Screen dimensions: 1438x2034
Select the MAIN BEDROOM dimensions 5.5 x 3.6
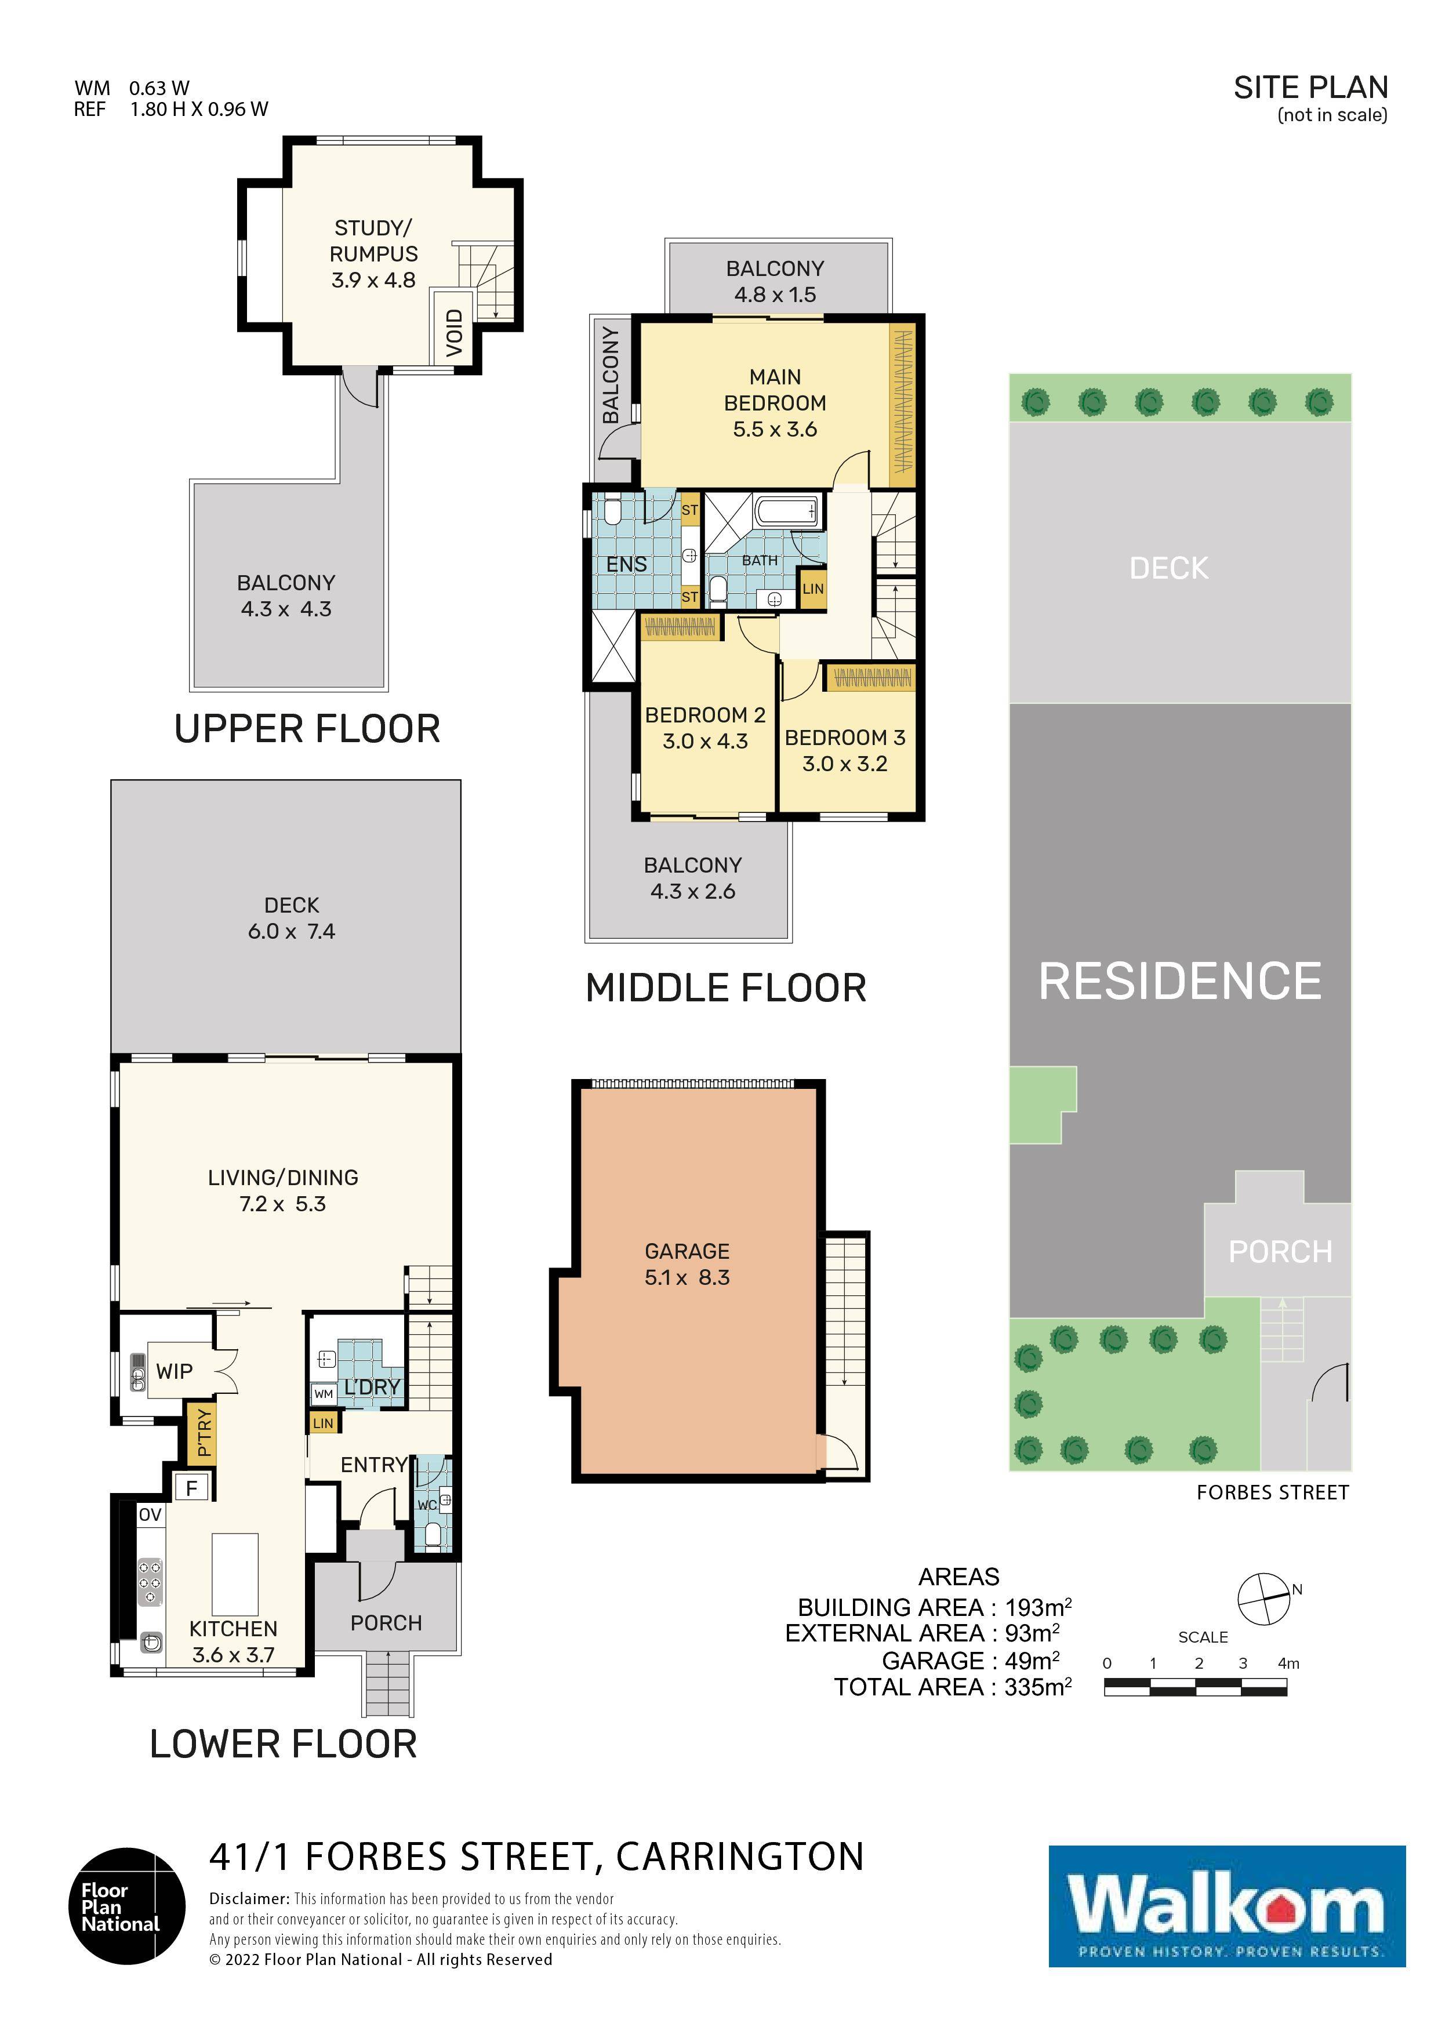click(x=775, y=430)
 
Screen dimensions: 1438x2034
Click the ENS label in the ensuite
click(x=626, y=564)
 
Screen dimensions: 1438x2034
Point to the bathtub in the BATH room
click(x=787, y=511)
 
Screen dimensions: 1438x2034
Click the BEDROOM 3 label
click(x=845, y=738)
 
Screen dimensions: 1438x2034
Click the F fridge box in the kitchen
click(x=191, y=1487)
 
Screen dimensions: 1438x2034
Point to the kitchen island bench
click(x=235, y=1574)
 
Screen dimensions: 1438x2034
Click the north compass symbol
click(x=1263, y=1599)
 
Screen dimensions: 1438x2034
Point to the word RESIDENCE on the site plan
click(x=1179, y=982)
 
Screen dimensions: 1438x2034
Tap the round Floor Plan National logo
click(x=127, y=1906)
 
